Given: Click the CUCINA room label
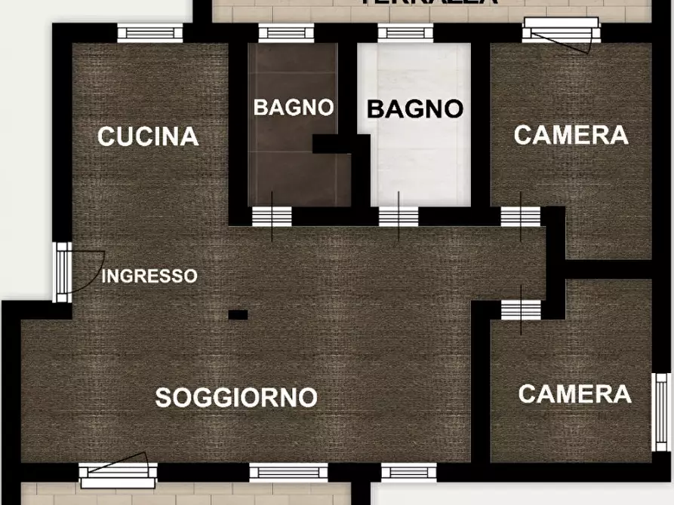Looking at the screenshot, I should (148, 136).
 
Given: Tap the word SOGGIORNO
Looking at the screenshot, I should (235, 397).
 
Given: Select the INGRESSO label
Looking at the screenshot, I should (149, 276).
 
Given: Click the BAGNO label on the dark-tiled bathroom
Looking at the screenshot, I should (294, 107).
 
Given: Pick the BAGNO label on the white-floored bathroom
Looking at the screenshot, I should (414, 109).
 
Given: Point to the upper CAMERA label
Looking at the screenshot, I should (571, 135).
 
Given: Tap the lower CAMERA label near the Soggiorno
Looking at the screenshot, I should (574, 393).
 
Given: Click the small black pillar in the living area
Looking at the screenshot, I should (238, 314).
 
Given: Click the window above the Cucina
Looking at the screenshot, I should (150, 32).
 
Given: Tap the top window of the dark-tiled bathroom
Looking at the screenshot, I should (286, 32).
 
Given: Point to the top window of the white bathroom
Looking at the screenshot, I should (405, 32).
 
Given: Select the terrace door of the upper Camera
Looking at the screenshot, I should (561, 32).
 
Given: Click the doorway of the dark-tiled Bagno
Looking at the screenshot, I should (271, 216).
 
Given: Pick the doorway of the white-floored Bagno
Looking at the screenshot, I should (399, 216).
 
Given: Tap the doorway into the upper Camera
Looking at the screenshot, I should (521, 216).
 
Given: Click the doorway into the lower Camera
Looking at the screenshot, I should (521, 309).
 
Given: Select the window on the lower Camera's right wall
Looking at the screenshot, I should (660, 412).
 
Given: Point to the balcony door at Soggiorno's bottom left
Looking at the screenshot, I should (118, 473).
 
